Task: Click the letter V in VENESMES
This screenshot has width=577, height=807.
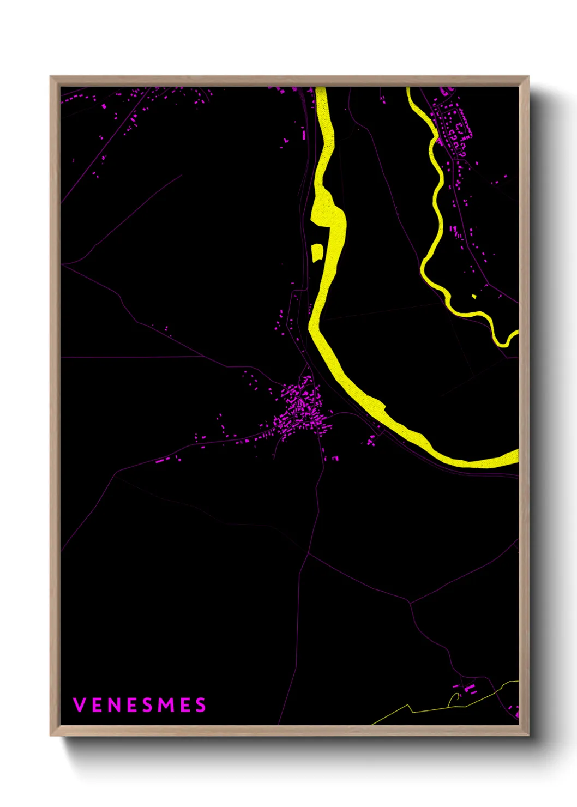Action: [79, 705]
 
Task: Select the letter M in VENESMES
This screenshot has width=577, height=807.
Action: [167, 705]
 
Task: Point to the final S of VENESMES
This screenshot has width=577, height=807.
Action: [201, 705]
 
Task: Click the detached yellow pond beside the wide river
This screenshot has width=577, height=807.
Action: [316, 253]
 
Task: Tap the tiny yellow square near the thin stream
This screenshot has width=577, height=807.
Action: [474, 297]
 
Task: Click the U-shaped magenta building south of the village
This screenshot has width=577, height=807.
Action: [335, 459]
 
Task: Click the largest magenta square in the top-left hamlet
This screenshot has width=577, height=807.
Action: [104, 106]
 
